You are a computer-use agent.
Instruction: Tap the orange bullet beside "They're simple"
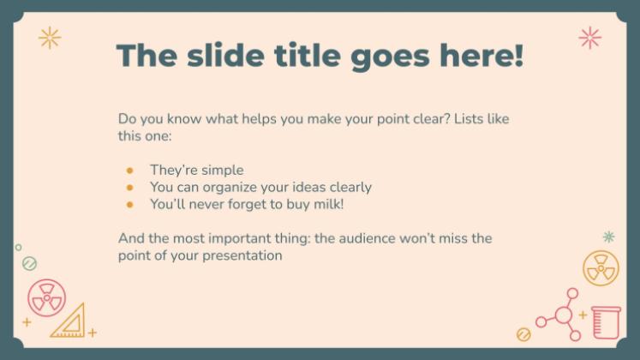coord(129,170)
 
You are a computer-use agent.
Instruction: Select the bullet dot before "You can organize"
coord(129,187)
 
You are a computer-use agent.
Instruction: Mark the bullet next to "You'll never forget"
coord(129,205)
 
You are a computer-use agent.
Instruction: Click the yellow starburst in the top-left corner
coord(50,37)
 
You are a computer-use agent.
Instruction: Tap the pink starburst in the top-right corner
coord(589,37)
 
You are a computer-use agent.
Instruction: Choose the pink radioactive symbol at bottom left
coord(46,297)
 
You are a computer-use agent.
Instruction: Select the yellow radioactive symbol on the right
coord(601,268)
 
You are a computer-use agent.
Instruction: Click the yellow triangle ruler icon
coord(69,321)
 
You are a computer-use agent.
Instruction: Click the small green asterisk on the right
coord(608,237)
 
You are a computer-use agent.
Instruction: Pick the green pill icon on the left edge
coord(29,263)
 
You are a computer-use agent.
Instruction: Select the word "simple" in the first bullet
coord(222,170)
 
